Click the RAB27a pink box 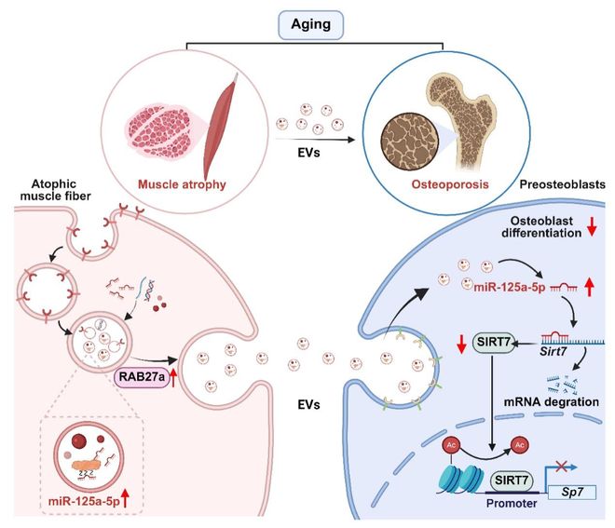pyautogui.click(x=141, y=376)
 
